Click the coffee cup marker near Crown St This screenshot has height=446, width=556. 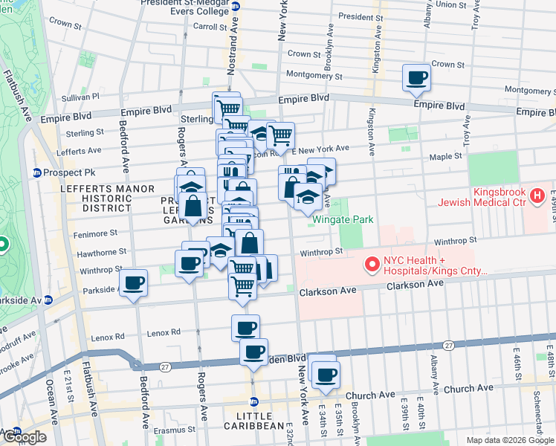pos(416,77)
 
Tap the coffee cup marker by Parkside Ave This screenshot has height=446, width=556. pos(134,283)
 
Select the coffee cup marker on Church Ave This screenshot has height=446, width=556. pos(325,375)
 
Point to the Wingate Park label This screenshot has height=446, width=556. pos(342,219)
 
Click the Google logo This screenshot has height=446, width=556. pos(24,436)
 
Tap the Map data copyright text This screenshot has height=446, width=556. pos(509,440)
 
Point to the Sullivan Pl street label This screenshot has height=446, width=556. pos(80,97)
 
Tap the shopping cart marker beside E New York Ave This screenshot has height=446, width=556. pos(281,135)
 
